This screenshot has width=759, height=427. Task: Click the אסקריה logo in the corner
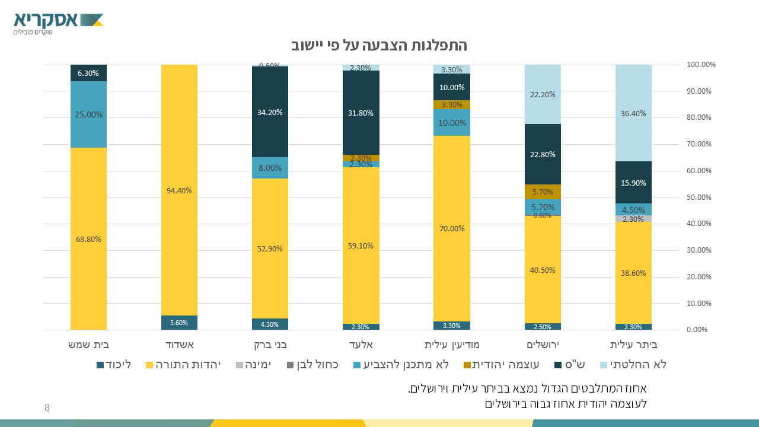coord(58,23)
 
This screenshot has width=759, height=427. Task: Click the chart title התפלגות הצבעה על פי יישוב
coord(379,46)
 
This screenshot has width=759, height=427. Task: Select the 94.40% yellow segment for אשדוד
coord(179,190)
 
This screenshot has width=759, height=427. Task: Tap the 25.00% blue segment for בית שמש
coord(88,114)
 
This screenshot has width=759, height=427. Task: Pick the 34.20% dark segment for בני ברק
coord(270,112)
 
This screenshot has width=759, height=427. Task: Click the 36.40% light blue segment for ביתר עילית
coord(633,113)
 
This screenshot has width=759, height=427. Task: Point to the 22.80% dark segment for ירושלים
coord(543,154)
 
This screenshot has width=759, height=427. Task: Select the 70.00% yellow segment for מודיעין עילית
coord(452,228)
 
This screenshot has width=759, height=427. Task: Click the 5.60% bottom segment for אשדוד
coord(179,323)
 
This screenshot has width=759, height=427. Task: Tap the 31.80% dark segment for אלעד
coord(361,112)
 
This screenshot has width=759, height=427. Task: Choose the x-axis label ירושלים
coord(543,345)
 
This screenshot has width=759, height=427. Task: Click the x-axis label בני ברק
coord(270,345)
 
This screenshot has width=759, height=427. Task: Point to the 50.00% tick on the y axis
coord(699,197)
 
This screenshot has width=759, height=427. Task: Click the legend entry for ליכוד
coord(114,364)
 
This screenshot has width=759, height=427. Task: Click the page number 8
coord(47,407)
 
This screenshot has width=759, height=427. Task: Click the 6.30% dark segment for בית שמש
coord(88,73)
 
